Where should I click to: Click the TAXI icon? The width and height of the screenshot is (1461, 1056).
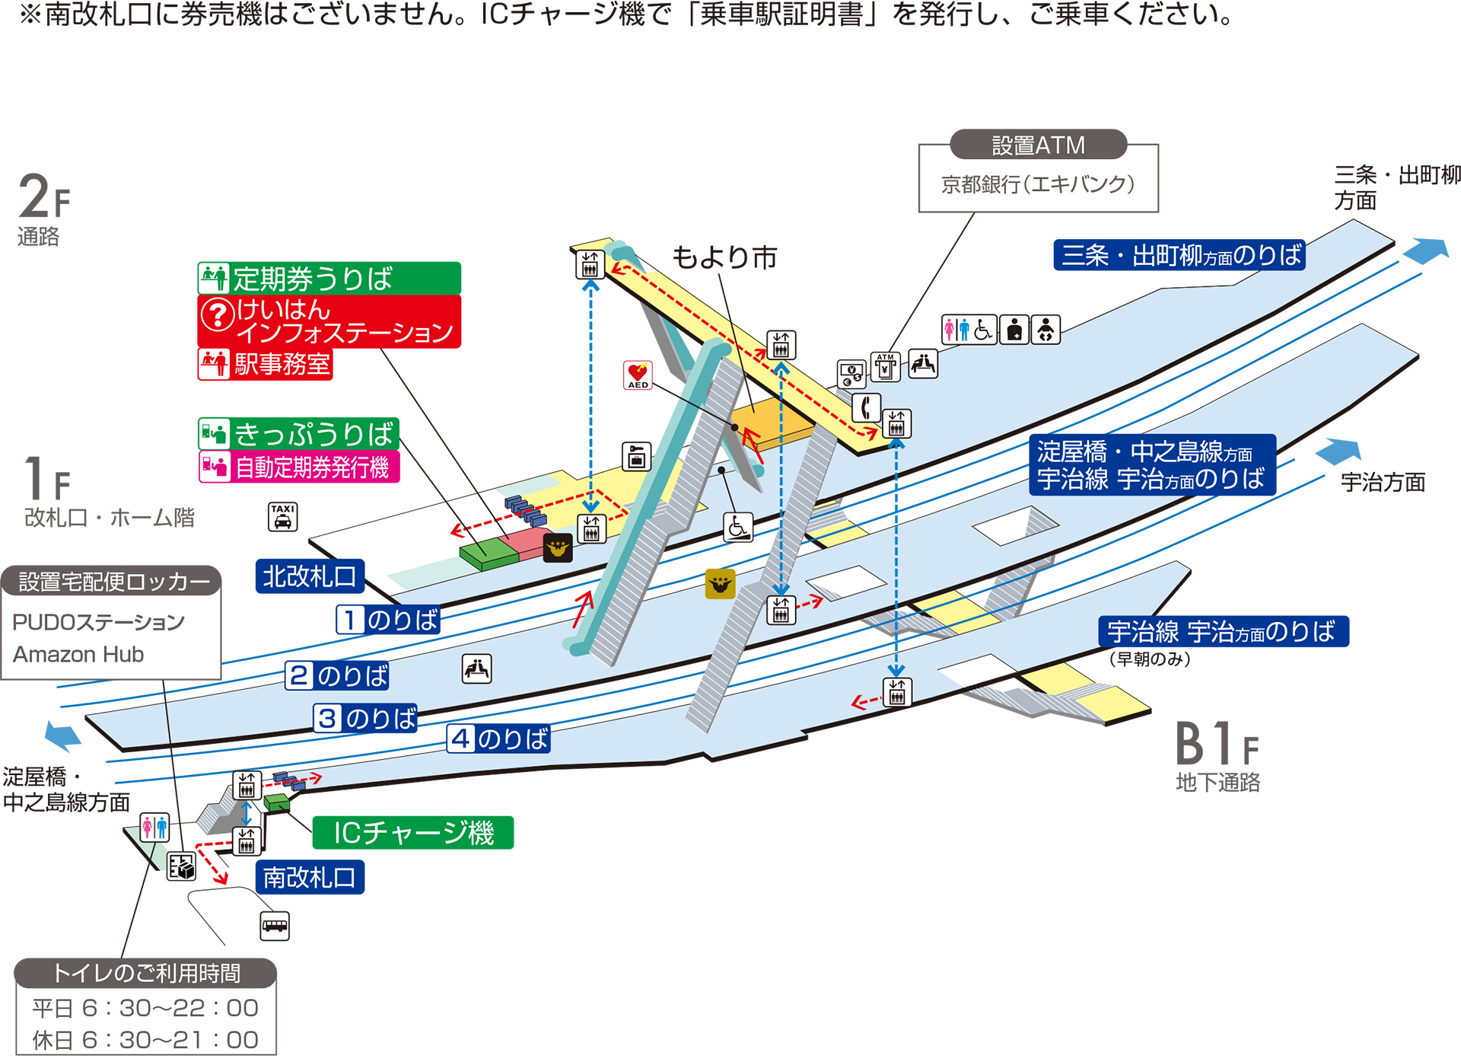[x=282, y=516]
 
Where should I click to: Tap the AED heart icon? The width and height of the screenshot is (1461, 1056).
[x=638, y=375]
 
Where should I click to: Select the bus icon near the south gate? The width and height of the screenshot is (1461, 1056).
[x=275, y=926]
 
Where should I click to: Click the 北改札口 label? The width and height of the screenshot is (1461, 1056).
[x=309, y=576]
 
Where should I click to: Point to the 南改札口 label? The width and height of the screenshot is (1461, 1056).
[x=309, y=877]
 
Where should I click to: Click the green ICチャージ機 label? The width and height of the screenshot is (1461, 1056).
[x=413, y=832]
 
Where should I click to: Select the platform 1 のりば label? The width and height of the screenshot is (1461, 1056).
[x=388, y=620]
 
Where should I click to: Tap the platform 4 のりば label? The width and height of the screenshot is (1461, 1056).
[x=498, y=739]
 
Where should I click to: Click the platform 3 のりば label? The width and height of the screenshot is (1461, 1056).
[x=366, y=718]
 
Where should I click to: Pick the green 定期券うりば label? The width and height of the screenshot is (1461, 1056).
[x=329, y=279]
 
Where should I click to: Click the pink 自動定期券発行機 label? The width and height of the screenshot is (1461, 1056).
[x=299, y=467]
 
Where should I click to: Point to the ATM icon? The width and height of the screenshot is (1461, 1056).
[x=885, y=367]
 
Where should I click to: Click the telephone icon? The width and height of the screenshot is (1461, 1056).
[x=865, y=408]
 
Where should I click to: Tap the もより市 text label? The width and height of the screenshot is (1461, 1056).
[x=724, y=257]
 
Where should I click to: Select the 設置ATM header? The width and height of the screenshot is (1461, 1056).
[x=1038, y=145]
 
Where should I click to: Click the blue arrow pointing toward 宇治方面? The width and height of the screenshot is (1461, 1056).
[x=1338, y=451]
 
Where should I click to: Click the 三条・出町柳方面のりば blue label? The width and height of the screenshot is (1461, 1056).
[x=1179, y=255]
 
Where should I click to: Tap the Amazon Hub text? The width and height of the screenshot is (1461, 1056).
[x=78, y=654]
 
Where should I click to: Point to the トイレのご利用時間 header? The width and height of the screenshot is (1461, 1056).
[x=145, y=973]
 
